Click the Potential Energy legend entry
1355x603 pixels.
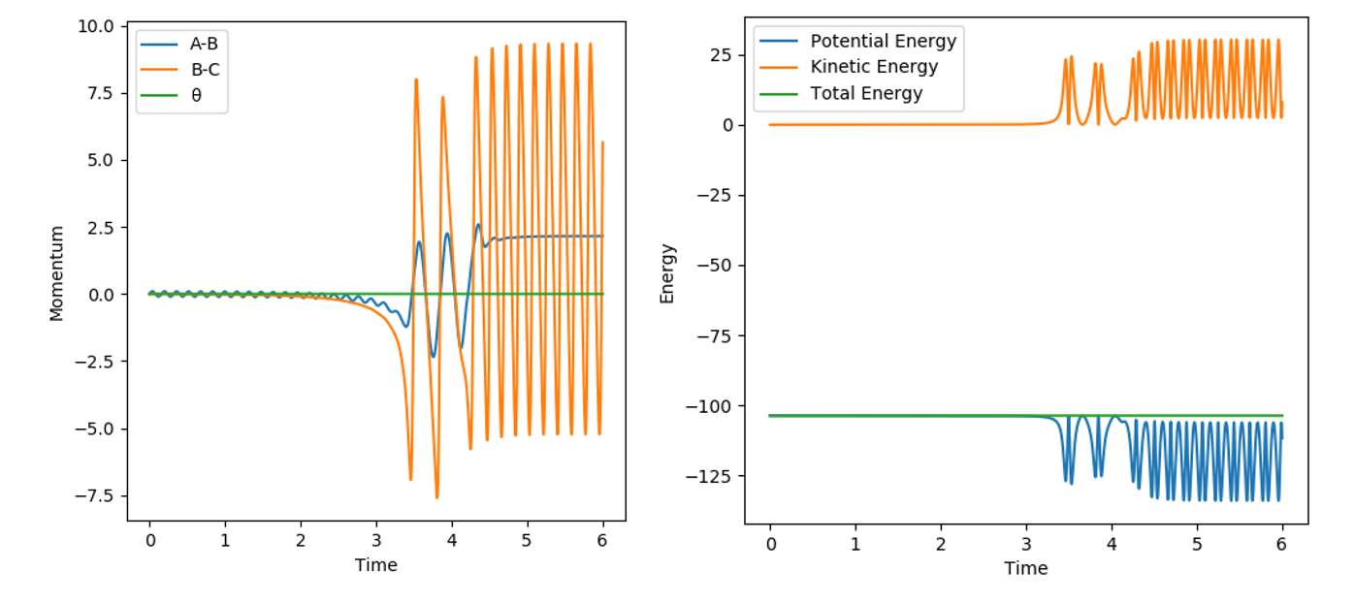[x=883, y=41]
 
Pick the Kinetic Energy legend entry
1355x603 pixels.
[x=874, y=67]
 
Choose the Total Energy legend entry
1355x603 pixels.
[x=866, y=93]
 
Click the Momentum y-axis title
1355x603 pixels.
[x=57, y=273]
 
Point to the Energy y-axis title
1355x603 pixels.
[x=666, y=273]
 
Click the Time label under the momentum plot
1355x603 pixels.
[x=375, y=565]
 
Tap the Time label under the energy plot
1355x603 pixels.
[x=1025, y=568]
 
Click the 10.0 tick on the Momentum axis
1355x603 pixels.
[x=96, y=25]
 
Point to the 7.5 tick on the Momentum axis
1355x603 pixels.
[x=100, y=92]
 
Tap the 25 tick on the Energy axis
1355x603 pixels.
[x=722, y=54]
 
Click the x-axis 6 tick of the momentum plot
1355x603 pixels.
[x=602, y=540]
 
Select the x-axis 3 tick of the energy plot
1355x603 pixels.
[x=1026, y=543]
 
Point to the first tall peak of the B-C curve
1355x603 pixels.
[x=416, y=79]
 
